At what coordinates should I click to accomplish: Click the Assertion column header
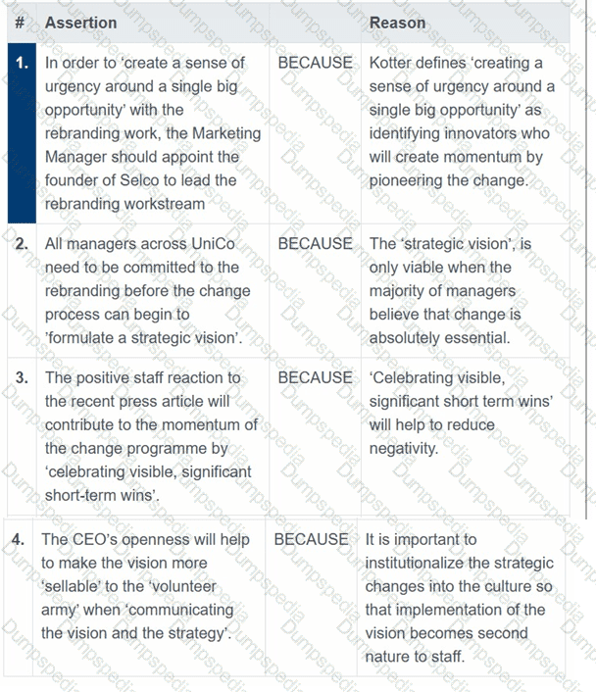pos(80,23)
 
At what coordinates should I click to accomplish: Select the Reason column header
pos(397,23)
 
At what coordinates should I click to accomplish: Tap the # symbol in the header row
pos(21,23)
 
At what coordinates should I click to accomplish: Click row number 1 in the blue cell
pos(22,63)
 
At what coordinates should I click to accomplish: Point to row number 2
pos(22,244)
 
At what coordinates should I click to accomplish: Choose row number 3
pos(22,377)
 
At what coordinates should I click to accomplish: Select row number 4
pos(19,539)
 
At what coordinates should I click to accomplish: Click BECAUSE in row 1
pos(315,63)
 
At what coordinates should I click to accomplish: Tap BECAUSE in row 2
pos(315,244)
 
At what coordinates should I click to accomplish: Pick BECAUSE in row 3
pos(315,377)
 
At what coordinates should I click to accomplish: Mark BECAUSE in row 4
pos(311,539)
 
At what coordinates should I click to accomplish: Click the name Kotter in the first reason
pos(392,63)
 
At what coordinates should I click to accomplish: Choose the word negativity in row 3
pos(404,448)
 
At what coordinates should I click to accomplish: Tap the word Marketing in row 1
pos(226,133)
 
